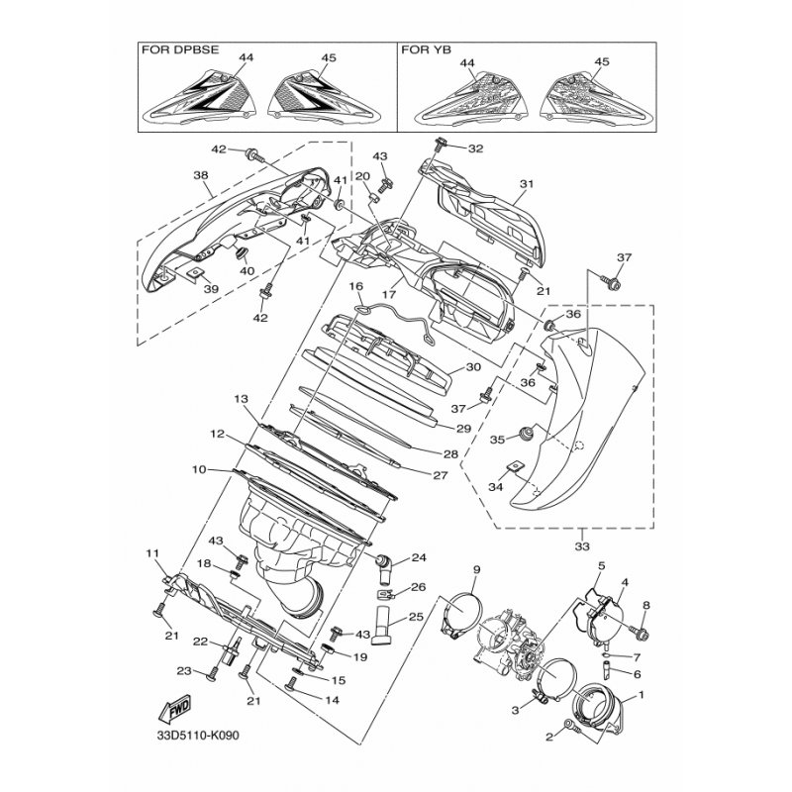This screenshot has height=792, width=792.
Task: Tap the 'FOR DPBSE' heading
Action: (x=180, y=49)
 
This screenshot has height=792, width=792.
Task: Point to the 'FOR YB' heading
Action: (x=427, y=49)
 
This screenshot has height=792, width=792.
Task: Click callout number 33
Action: (x=582, y=546)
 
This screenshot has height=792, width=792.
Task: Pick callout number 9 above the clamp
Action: (x=476, y=570)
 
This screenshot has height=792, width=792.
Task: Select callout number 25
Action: (x=416, y=617)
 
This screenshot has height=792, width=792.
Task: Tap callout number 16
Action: (x=356, y=286)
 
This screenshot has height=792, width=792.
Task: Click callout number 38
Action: (x=201, y=175)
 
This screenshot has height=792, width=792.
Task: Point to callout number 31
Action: (x=527, y=184)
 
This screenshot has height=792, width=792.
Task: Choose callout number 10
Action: (x=199, y=469)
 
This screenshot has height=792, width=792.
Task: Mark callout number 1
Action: (x=641, y=695)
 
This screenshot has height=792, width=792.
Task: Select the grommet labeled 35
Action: (x=527, y=433)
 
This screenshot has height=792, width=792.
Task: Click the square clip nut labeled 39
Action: (x=194, y=273)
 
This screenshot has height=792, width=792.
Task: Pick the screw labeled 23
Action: (x=213, y=674)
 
